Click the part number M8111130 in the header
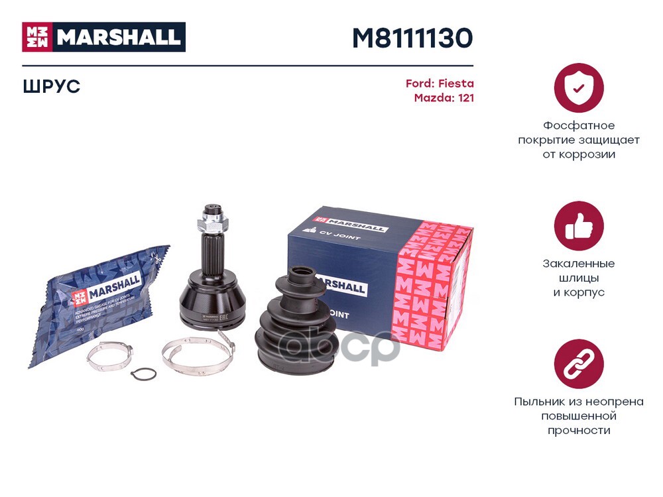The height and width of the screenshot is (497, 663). click(x=412, y=38)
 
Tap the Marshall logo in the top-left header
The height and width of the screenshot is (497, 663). click(x=104, y=37)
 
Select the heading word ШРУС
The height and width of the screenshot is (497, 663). click(x=51, y=87)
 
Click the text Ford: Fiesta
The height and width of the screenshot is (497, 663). click(x=440, y=84)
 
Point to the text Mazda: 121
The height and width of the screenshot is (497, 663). click(x=444, y=98)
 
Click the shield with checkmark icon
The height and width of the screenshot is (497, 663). click(x=578, y=87)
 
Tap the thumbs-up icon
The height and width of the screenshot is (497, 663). click(x=578, y=226)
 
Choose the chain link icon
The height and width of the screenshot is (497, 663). click(x=578, y=364)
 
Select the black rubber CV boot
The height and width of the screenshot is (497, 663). click(x=295, y=325)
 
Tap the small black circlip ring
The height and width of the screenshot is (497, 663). click(x=143, y=375)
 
